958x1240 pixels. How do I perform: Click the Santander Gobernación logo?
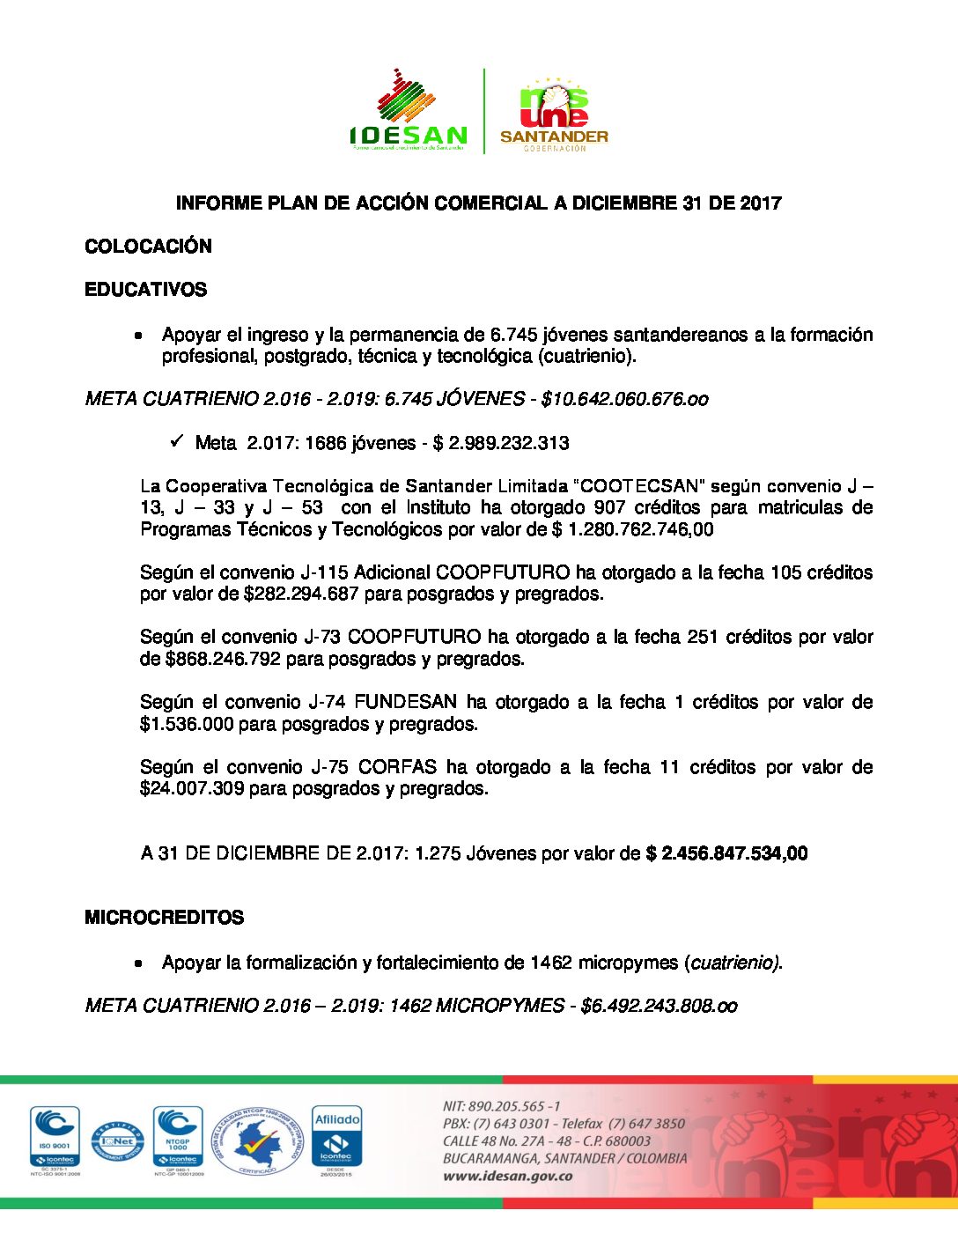tap(554, 113)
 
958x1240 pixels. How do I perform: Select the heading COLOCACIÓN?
tap(148, 247)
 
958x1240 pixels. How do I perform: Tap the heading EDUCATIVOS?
tap(145, 290)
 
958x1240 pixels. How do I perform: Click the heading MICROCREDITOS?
tap(164, 918)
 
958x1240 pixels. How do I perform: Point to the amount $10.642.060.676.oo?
tap(624, 399)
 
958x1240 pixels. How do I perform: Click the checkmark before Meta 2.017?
tap(176, 440)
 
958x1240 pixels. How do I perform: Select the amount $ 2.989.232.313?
tap(501, 443)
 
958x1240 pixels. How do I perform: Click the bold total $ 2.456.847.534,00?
tap(726, 853)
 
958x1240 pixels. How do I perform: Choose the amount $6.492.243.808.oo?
tap(659, 1006)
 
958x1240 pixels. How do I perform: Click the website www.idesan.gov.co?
tap(507, 1177)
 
